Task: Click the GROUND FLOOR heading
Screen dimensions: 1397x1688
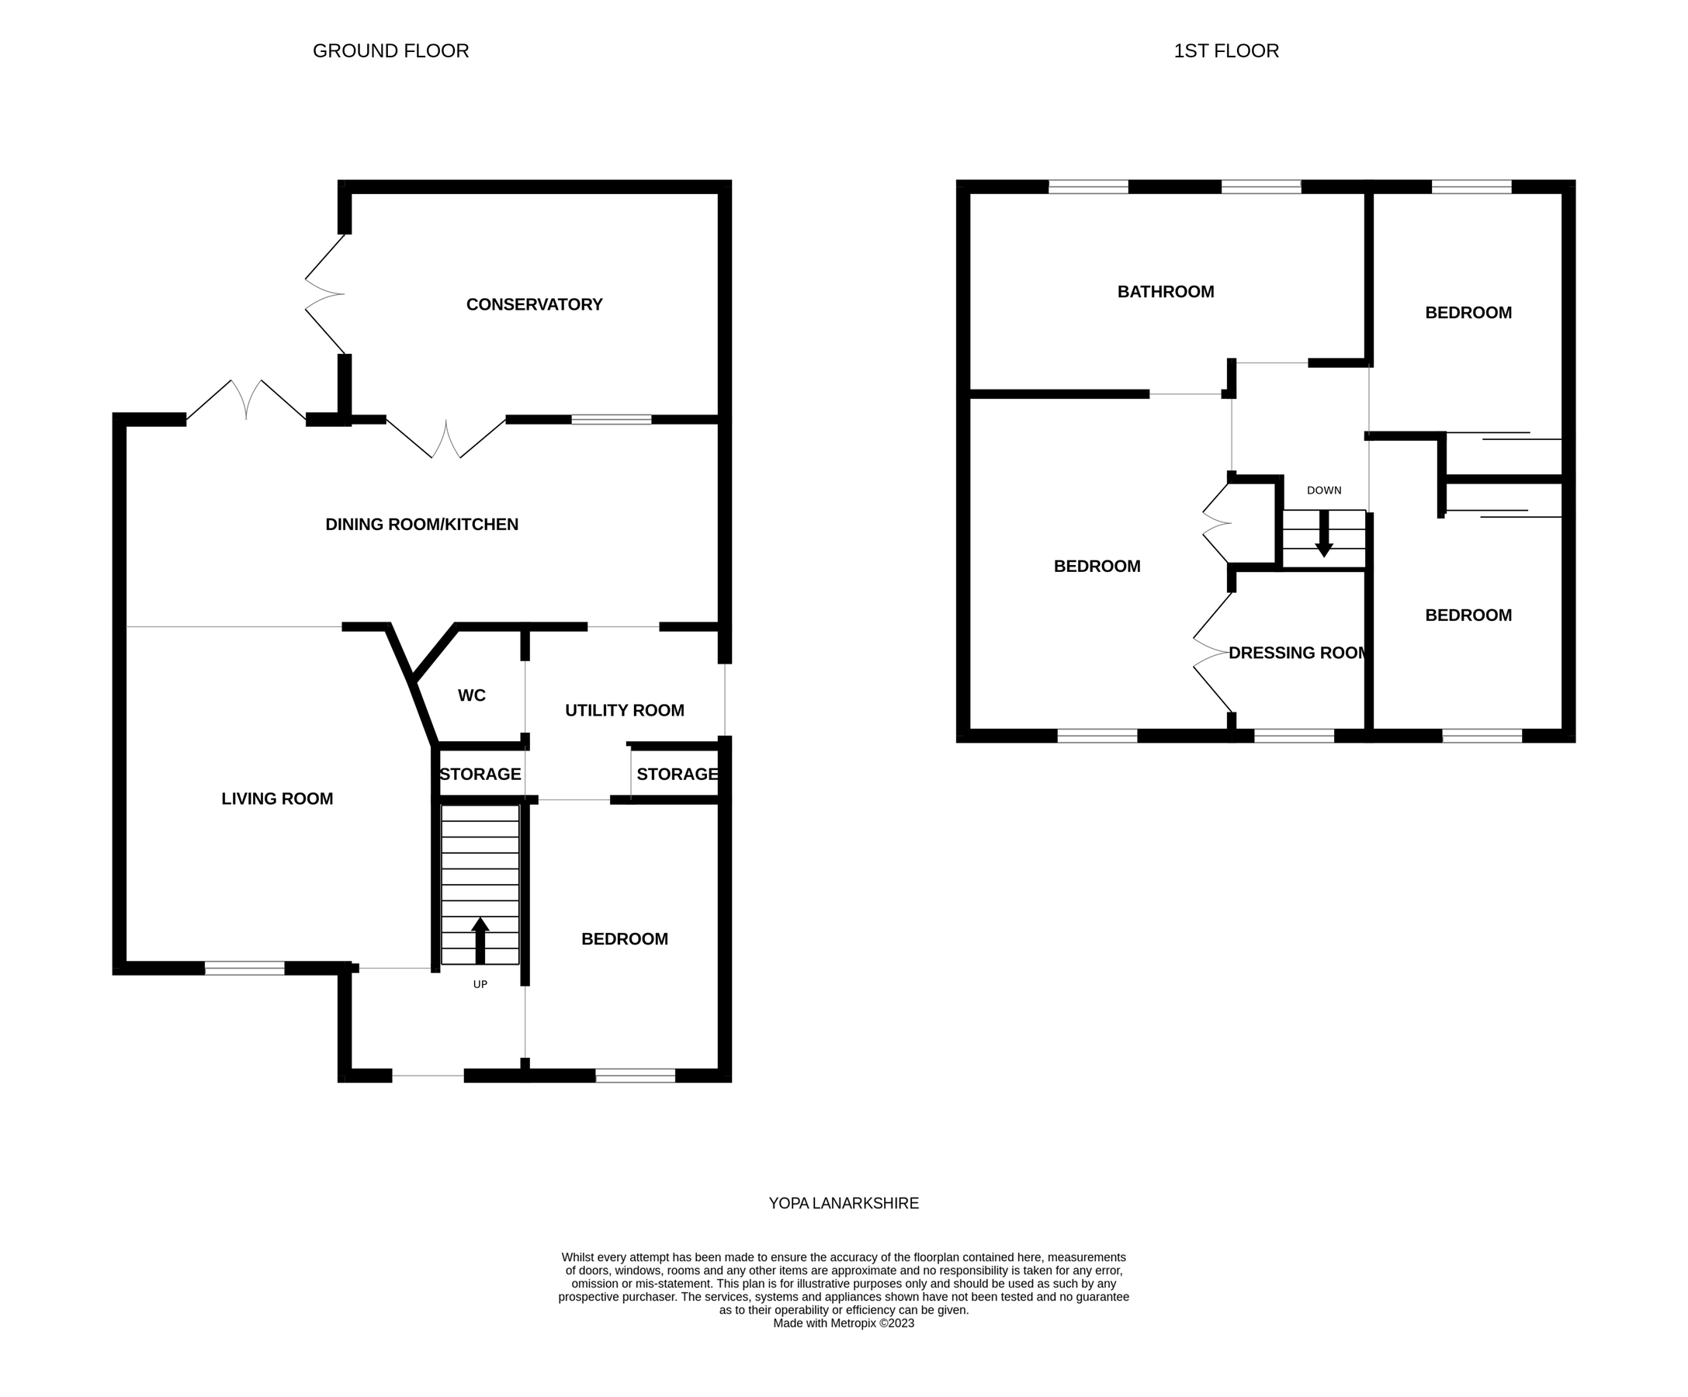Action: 390,50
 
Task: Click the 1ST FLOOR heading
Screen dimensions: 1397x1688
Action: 1225,50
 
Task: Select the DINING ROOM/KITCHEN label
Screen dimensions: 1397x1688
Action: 421,524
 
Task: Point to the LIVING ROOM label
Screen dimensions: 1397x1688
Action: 276,798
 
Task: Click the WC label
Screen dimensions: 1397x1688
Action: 471,695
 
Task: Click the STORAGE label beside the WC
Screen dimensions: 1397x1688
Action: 480,774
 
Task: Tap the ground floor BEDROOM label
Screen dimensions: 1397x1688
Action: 624,939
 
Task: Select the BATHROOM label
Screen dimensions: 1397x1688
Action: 1166,292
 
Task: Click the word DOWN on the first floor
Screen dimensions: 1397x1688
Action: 1323,491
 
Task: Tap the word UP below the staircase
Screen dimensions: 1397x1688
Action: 480,985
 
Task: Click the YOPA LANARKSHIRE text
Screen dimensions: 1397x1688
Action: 843,1203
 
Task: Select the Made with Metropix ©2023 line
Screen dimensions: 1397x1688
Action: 843,1323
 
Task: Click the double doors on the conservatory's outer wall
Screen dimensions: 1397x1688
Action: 324,294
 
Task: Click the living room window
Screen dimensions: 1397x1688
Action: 244,969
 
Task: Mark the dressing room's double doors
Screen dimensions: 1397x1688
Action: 1211,653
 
